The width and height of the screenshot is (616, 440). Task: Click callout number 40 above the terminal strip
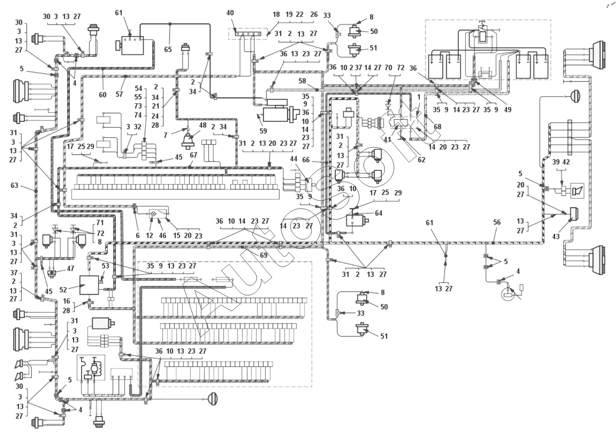click(230, 13)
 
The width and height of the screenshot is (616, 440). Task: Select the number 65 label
click(168, 49)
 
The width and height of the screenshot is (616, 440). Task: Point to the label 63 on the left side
click(15, 186)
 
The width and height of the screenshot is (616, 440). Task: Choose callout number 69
click(263, 256)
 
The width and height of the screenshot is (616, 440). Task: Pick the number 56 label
click(497, 222)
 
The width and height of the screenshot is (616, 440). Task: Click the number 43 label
click(556, 237)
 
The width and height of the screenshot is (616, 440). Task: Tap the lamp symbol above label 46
click(153, 213)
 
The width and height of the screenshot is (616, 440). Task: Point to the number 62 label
click(421, 160)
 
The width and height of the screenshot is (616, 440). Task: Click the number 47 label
click(70, 268)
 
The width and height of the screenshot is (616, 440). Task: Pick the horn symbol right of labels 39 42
click(578, 190)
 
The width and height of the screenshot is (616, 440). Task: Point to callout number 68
click(437, 127)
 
